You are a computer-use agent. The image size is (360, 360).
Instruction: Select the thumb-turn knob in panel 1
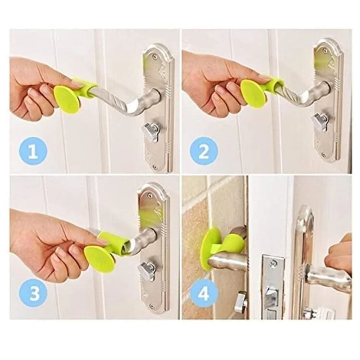[x=150, y=130]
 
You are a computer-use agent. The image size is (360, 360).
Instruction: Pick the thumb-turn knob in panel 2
[x=319, y=122]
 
